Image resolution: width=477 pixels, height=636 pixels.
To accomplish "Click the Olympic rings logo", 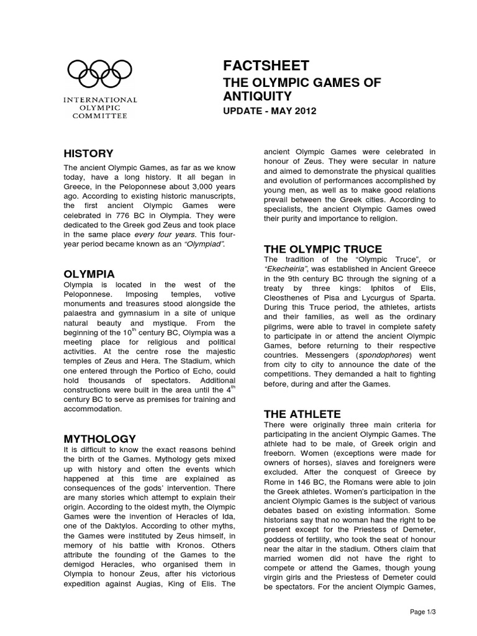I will coord(102,73).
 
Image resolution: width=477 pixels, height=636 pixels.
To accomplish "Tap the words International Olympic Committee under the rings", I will coord(102,107).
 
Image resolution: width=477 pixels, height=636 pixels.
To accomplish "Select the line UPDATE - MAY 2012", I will coord(270,111).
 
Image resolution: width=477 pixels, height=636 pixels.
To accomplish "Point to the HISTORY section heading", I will coord(89,153).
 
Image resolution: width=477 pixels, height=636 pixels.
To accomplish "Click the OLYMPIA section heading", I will coord(88,273).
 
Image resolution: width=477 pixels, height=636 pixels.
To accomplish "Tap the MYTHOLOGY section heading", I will coord(100,439).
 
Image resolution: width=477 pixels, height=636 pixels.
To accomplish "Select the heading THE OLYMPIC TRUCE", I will coord(314,249).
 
